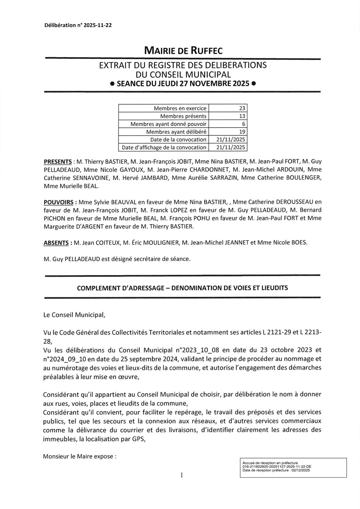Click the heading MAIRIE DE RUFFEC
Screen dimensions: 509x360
pyautogui.click(x=183, y=51)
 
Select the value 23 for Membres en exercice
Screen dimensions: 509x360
pyautogui.click(x=242, y=109)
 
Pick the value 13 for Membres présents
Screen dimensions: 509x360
pyautogui.click(x=242, y=116)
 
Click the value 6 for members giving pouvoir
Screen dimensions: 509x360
pyautogui.click(x=244, y=124)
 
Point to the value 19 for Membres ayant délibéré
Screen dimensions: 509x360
pyautogui.click(x=242, y=131)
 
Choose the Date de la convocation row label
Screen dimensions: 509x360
pyautogui.click(x=178, y=140)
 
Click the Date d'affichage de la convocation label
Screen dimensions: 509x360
pyautogui.click(x=164, y=148)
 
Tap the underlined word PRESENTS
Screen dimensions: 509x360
pyautogui.click(x=58, y=162)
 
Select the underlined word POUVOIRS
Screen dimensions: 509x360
pyautogui.click(x=59, y=203)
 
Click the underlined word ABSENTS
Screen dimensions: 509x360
pyautogui.click(x=57, y=243)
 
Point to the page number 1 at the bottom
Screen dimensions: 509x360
pyautogui.click(x=181, y=475)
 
